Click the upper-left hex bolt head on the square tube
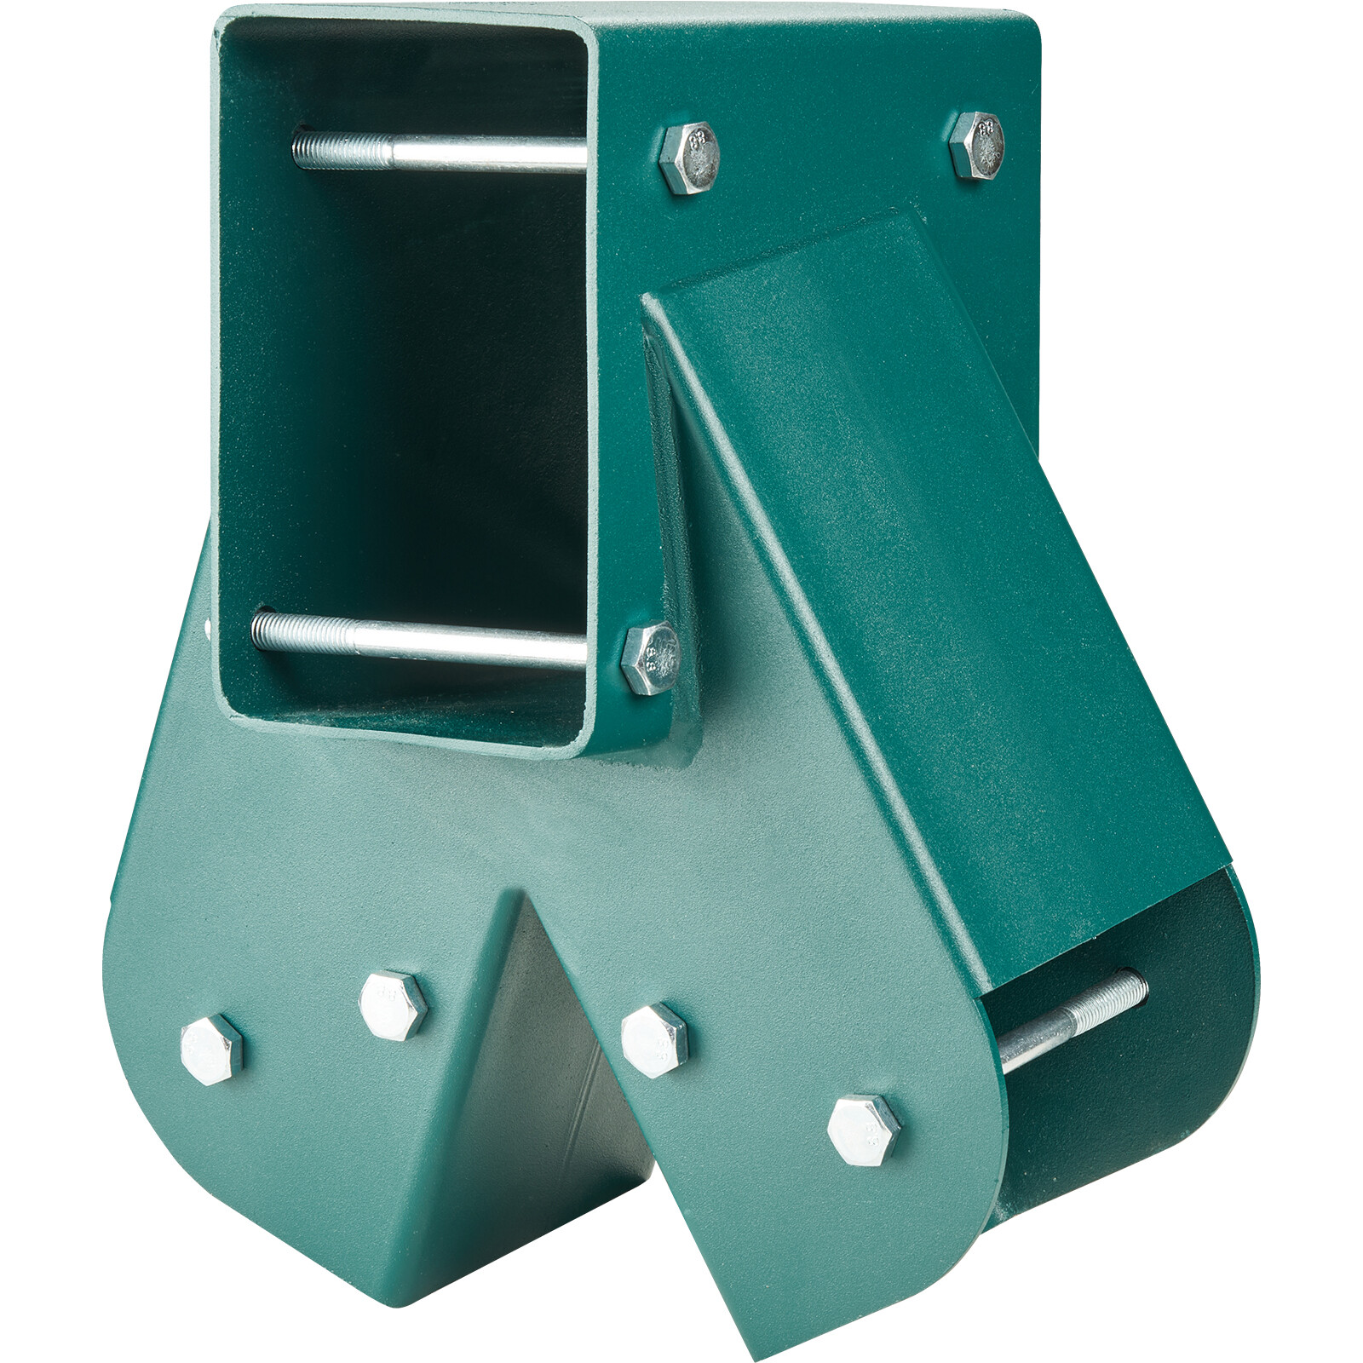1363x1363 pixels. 689,158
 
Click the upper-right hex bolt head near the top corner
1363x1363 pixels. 978,145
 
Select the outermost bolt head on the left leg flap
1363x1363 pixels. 211,1049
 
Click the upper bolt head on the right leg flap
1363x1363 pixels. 653,1039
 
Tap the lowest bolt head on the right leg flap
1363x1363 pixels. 864,1130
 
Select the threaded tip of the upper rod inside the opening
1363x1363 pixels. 319,152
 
